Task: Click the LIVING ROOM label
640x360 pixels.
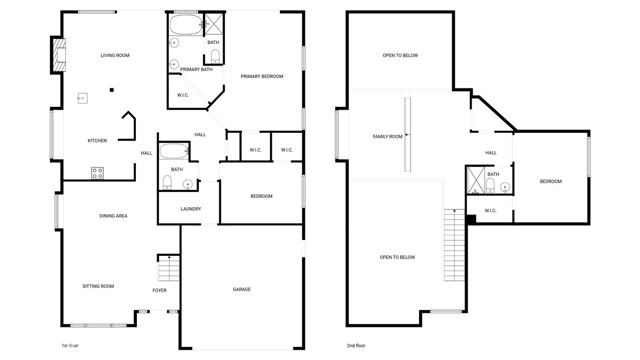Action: click(115, 55)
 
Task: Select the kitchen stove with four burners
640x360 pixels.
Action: click(98, 172)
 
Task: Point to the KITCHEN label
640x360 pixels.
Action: click(97, 140)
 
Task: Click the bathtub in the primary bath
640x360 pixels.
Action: click(185, 25)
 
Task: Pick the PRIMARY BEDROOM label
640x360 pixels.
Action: click(263, 76)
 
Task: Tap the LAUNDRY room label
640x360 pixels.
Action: click(191, 209)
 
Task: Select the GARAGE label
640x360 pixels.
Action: click(242, 289)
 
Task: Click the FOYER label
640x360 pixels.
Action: click(159, 290)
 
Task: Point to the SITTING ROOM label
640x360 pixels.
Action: click(98, 286)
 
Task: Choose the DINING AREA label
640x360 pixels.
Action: click(113, 216)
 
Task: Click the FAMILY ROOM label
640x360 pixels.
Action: click(388, 136)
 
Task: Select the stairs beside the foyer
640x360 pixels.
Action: click(168, 269)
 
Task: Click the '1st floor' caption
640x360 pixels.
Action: click(70, 345)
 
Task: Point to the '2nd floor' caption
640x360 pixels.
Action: click(356, 345)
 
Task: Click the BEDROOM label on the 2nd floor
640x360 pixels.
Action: click(551, 181)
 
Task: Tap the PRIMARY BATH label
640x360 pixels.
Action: click(196, 69)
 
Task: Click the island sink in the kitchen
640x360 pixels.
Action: click(84, 99)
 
